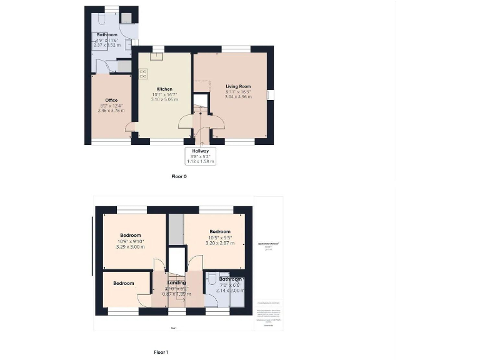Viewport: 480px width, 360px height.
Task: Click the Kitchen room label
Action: tap(164, 89)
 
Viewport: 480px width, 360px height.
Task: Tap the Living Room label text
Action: tap(238, 86)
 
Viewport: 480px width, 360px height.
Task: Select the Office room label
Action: tap(111, 100)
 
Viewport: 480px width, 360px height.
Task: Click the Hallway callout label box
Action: tap(201, 156)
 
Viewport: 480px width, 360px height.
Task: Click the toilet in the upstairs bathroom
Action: tap(212, 279)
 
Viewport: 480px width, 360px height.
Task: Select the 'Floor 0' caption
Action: tap(179, 176)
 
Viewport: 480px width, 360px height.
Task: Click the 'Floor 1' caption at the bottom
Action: tap(161, 352)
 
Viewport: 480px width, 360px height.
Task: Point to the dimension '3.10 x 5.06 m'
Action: tap(164, 99)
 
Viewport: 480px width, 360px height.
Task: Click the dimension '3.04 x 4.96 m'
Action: tap(238, 97)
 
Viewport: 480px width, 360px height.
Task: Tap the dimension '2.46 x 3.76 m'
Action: tap(111, 111)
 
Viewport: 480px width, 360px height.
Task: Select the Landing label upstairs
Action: tap(177, 282)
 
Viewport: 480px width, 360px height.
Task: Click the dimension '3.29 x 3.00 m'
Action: tap(131, 246)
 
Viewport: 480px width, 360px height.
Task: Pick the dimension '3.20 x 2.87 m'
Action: tap(220, 242)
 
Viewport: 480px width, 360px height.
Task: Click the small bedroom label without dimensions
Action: tap(124, 283)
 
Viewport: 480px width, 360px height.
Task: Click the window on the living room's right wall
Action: tap(270, 94)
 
